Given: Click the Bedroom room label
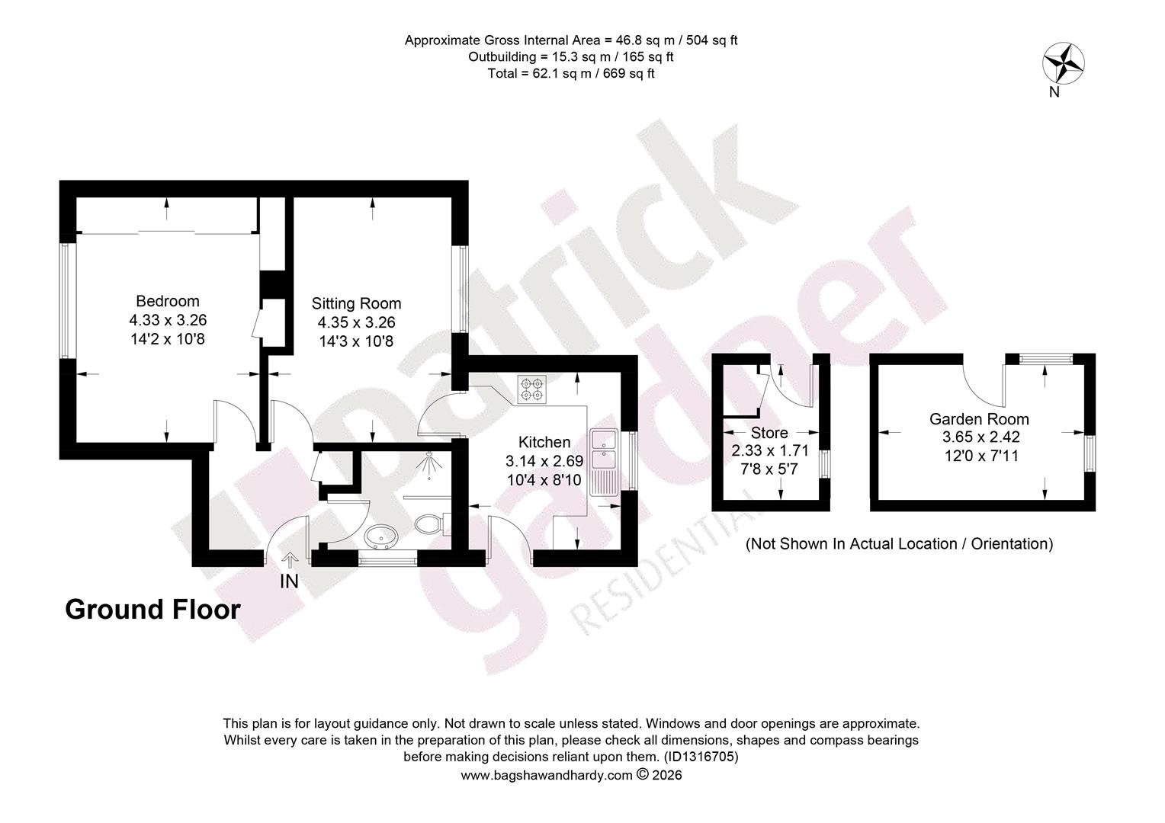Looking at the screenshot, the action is (x=168, y=301).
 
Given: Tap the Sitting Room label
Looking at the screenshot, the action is (x=356, y=303).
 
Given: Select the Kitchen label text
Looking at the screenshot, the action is (x=544, y=443).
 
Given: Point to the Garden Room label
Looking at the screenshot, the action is (x=979, y=419).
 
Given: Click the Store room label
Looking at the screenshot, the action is (x=769, y=433).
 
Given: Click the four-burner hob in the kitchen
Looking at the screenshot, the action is (x=532, y=390).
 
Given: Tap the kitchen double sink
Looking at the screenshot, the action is (x=604, y=462).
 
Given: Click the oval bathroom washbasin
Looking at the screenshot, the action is (x=381, y=536).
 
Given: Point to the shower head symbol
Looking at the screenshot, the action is (x=429, y=464).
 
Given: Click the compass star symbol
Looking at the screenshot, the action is (x=1064, y=63).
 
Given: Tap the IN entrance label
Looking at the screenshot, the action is (x=289, y=581).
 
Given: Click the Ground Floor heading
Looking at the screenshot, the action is (x=153, y=610).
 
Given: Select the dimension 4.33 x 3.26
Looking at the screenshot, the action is (x=168, y=320).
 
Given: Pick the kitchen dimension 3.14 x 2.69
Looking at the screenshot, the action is (x=544, y=461).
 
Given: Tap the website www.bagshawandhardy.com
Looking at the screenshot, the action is (x=547, y=775).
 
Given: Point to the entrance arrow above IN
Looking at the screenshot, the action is (x=290, y=560).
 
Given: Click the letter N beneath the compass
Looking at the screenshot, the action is (x=1054, y=92).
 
